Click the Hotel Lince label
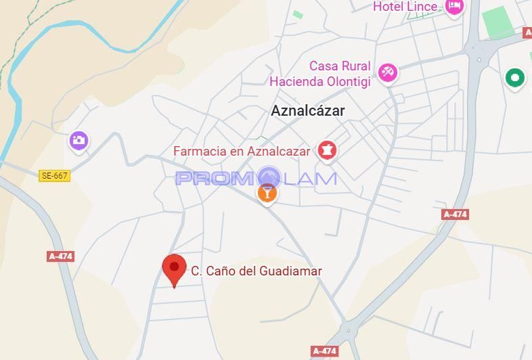[x=405, y=7]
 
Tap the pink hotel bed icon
[x=453, y=7]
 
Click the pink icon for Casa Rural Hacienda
[x=388, y=72]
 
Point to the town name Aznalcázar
[x=308, y=111]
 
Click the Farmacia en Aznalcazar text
[x=242, y=152]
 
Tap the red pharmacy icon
[x=328, y=150]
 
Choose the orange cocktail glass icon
[x=267, y=194]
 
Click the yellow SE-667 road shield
[x=55, y=176]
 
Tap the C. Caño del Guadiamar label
[x=257, y=271]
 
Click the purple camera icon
[x=79, y=141]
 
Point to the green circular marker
[x=515, y=78]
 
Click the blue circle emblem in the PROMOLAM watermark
[x=269, y=177]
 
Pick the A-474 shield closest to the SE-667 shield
[x=60, y=256]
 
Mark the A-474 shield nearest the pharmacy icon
[x=455, y=215]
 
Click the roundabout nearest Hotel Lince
[x=479, y=59]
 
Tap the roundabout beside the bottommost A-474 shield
[x=349, y=331]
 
